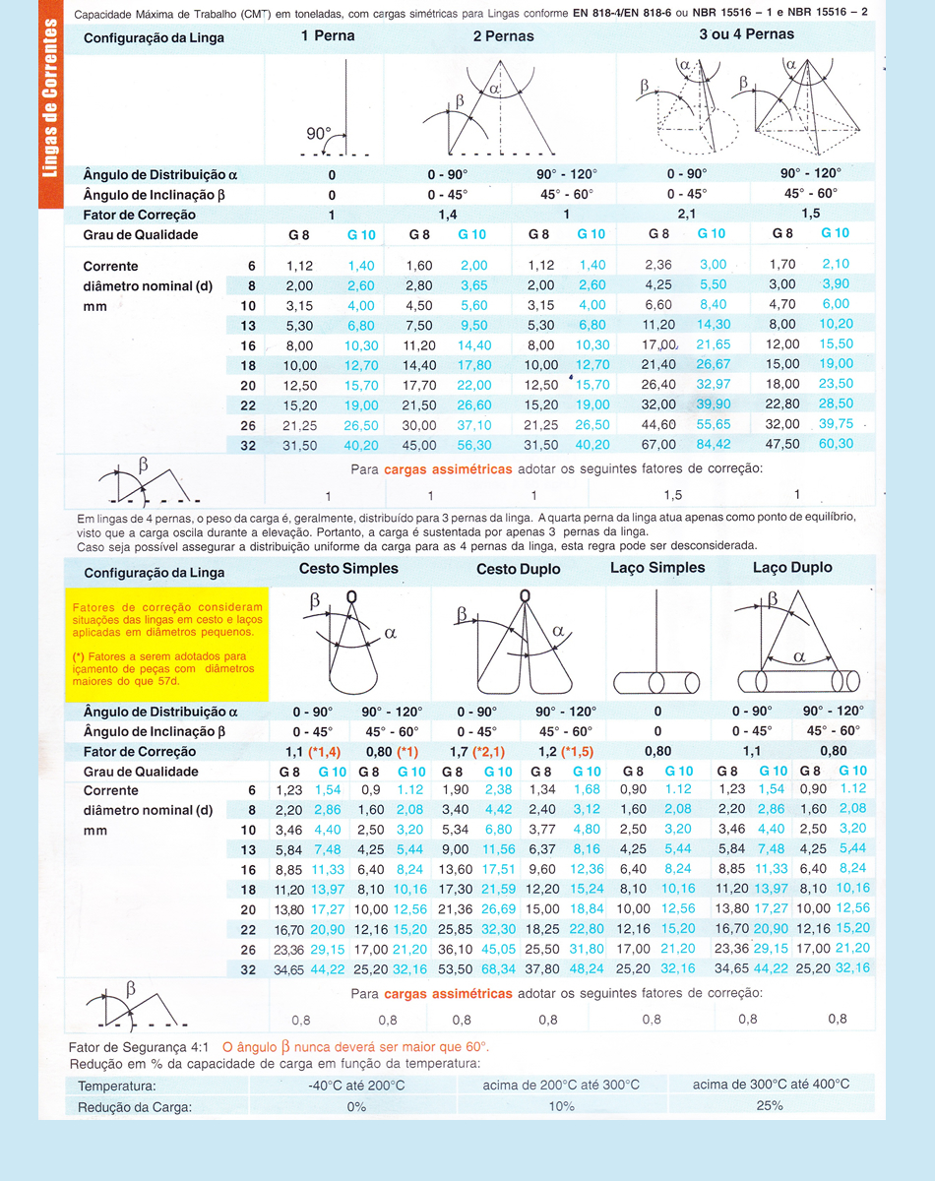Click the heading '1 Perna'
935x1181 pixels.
pyautogui.click(x=328, y=36)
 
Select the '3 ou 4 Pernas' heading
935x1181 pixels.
pyautogui.click(x=746, y=34)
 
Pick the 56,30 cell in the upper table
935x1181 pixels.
pyautogui.click(x=473, y=444)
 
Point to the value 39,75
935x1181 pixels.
pyautogui.click(x=835, y=424)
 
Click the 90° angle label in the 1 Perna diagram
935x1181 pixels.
pyautogui.click(x=319, y=133)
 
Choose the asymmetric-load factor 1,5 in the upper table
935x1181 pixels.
pyautogui.click(x=672, y=495)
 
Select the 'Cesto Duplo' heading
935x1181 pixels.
pyautogui.click(x=518, y=569)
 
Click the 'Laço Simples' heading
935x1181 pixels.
pyautogui.click(x=657, y=568)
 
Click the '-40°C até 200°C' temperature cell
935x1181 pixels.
pyautogui.click(x=356, y=1085)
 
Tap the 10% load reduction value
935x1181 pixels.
pyautogui.click(x=561, y=1105)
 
